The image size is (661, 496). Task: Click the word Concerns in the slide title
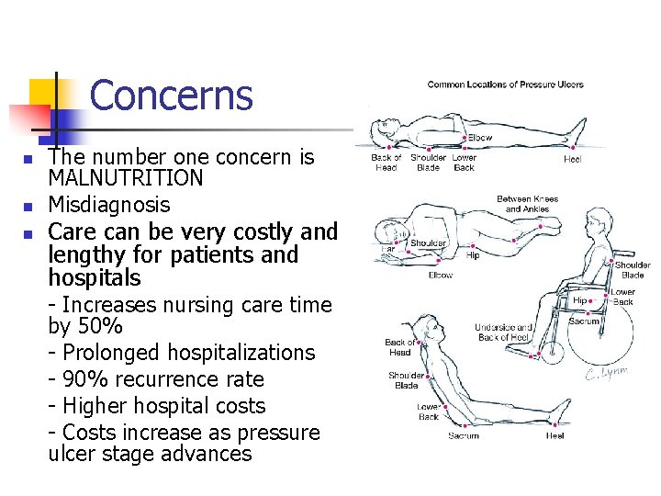coord(171,96)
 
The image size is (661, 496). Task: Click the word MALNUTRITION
coord(126,177)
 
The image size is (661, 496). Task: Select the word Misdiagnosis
coord(108,204)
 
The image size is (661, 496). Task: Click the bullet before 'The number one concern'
coord(28,159)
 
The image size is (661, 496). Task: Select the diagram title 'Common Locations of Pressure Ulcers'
coord(505,85)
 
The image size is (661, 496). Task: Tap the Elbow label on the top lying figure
coord(479,138)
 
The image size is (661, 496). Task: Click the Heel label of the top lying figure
coord(572,158)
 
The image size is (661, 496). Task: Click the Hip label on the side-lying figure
coord(473,256)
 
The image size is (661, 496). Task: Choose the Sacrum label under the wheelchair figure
coord(585,321)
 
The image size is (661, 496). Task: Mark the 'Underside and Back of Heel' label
coord(503,333)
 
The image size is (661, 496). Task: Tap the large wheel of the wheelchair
coord(601,329)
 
